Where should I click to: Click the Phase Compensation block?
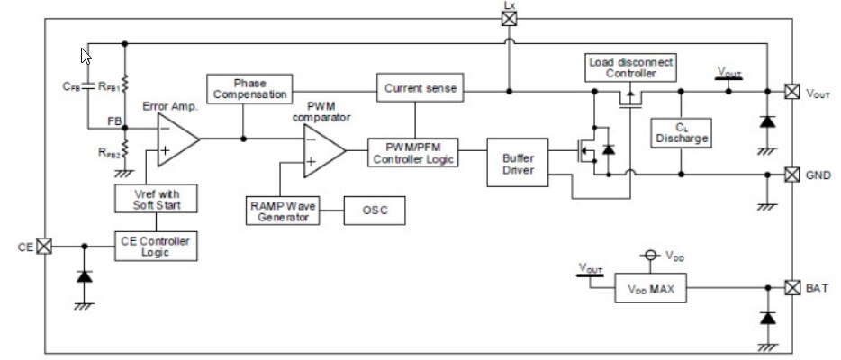pos(248,88)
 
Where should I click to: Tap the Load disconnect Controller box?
pos(630,68)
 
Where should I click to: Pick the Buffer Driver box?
pos(511,163)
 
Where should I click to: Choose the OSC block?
pos(375,211)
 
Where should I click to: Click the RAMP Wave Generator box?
pos(283,211)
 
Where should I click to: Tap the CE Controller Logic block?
pos(156,246)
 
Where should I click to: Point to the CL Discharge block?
pos(682,132)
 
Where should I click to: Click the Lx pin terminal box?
pos(509,17)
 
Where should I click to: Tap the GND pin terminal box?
pos(791,174)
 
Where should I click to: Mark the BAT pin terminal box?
pos(791,288)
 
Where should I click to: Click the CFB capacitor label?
pos(71,88)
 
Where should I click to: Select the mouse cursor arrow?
pos(86,56)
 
